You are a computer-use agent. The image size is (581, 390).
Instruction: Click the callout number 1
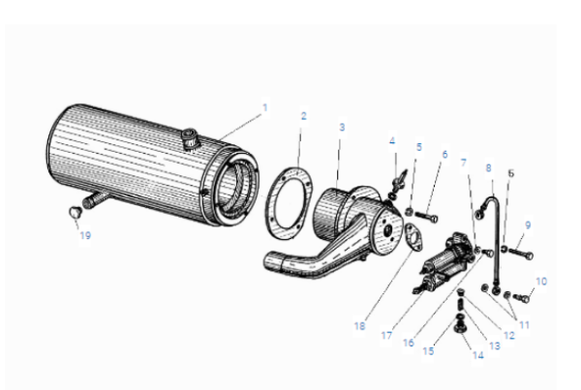[264, 107]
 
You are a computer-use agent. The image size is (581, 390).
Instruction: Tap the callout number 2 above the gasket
[304, 116]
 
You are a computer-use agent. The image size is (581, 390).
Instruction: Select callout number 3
[342, 128]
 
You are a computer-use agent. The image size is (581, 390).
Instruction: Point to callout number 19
[85, 235]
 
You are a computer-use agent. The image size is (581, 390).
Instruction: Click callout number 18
[360, 326]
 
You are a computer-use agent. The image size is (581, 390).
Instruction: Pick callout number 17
[386, 335]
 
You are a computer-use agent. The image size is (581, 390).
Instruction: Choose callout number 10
[541, 282]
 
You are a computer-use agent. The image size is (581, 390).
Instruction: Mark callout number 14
[478, 355]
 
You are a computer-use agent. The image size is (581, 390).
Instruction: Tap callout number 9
[528, 225]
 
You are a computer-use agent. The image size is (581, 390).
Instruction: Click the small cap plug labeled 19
[75, 212]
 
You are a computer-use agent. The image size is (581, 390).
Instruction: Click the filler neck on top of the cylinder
[191, 139]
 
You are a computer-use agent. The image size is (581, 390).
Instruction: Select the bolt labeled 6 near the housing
[427, 217]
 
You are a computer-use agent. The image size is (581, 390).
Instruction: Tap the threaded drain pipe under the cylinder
[96, 199]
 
